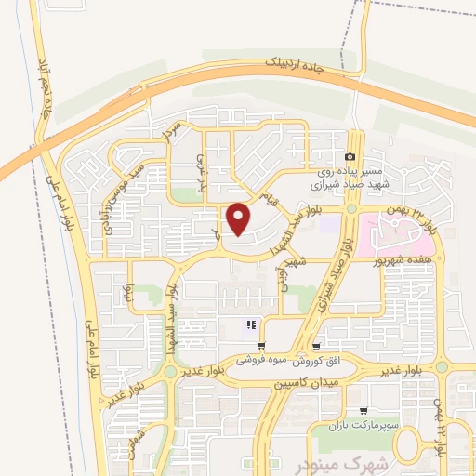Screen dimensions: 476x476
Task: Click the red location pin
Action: click(240, 220)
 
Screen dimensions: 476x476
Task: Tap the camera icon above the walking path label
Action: click(350, 157)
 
